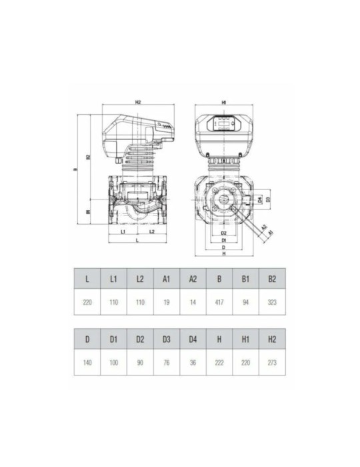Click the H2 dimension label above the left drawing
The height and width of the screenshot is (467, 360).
[138, 103]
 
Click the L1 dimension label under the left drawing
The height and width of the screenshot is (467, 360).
[123, 231]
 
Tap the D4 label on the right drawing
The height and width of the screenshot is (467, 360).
[259, 199]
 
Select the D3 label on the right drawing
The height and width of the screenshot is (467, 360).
[267, 199]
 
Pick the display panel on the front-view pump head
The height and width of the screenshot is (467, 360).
[224, 122]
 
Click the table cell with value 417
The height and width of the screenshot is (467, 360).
[219, 302]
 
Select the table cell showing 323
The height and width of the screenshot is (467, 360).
[272, 302]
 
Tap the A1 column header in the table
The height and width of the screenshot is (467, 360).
[167, 278]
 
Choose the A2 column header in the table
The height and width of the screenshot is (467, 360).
[193, 278]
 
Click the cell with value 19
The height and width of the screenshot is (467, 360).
[167, 302]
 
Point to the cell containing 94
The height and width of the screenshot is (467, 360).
[245, 302]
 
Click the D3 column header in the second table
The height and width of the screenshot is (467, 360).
[167, 340]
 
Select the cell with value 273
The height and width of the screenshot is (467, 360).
[272, 364]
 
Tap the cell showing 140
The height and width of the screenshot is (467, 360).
[87, 364]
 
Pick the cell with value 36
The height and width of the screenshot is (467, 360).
[193, 364]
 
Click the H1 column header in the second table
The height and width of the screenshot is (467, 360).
[245, 340]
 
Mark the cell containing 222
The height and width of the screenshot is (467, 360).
[219, 364]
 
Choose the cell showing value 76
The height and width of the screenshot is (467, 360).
[167, 364]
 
